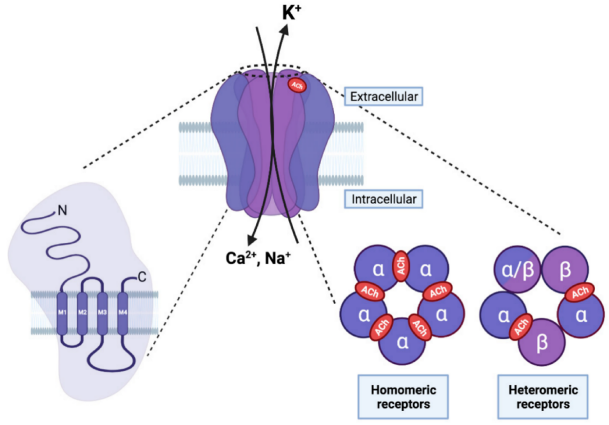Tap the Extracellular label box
click(383, 96)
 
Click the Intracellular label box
click(385, 199)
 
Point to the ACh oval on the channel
click(296, 86)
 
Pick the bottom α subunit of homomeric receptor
click(402, 342)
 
